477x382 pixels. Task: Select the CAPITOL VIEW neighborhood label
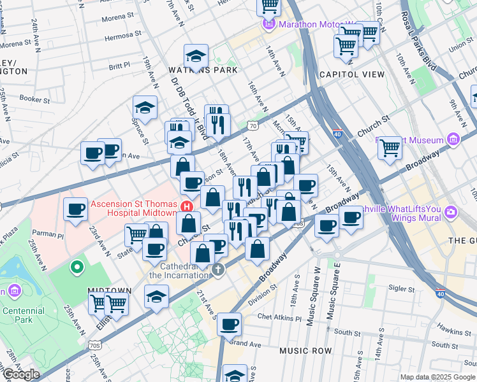point(352,74)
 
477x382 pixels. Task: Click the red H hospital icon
point(187,206)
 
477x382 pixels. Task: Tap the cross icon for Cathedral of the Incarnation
point(218,270)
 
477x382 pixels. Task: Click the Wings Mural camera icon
point(451,211)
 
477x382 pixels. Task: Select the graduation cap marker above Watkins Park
point(196,56)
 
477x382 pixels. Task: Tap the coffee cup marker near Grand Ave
point(229,325)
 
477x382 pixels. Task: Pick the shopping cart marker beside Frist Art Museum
point(390,148)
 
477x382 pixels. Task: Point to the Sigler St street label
point(401,288)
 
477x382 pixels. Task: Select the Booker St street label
point(34,99)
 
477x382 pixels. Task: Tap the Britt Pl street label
point(119,65)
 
